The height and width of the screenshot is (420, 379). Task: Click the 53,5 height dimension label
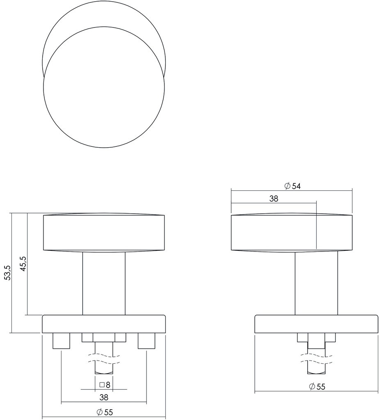[7, 273]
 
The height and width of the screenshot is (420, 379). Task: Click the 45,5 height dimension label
[23, 264]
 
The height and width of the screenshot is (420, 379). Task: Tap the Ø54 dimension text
[292, 186]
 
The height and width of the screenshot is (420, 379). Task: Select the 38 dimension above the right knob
[274, 199]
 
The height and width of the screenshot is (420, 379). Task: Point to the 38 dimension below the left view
[104, 397]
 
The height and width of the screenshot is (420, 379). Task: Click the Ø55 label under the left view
[104, 413]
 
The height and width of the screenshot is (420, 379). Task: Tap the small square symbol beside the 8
[102, 385]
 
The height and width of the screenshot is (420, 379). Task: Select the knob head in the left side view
[104, 232]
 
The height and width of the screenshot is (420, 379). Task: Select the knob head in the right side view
[292, 232]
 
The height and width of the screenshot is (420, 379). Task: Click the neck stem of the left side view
[104, 283]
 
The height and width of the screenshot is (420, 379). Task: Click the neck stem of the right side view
[316, 283]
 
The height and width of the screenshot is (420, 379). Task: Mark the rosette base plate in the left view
[104, 324]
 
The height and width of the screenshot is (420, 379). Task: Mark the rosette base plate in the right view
[316, 324]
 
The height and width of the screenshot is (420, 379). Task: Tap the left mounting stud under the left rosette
[61, 341]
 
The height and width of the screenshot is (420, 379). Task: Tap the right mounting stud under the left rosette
[147, 341]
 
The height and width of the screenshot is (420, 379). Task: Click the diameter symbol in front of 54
[287, 186]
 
